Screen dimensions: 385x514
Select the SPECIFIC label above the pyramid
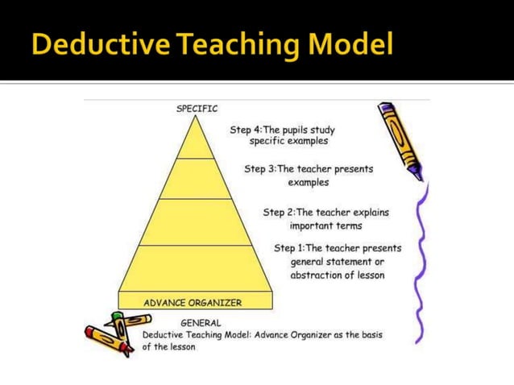click(x=197, y=108)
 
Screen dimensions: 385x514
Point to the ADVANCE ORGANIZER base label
click(x=193, y=303)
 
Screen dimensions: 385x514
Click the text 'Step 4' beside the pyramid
click(x=246, y=130)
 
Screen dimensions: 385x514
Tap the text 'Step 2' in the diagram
click(x=279, y=213)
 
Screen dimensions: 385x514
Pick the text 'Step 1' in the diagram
click(x=289, y=248)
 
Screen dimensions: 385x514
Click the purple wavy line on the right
click(x=420, y=258)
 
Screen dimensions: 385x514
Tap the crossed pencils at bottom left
click(x=111, y=331)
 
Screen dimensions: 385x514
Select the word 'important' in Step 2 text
click(x=313, y=226)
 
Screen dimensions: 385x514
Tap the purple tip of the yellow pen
click(x=416, y=172)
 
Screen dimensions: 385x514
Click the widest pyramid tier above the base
click(x=196, y=267)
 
